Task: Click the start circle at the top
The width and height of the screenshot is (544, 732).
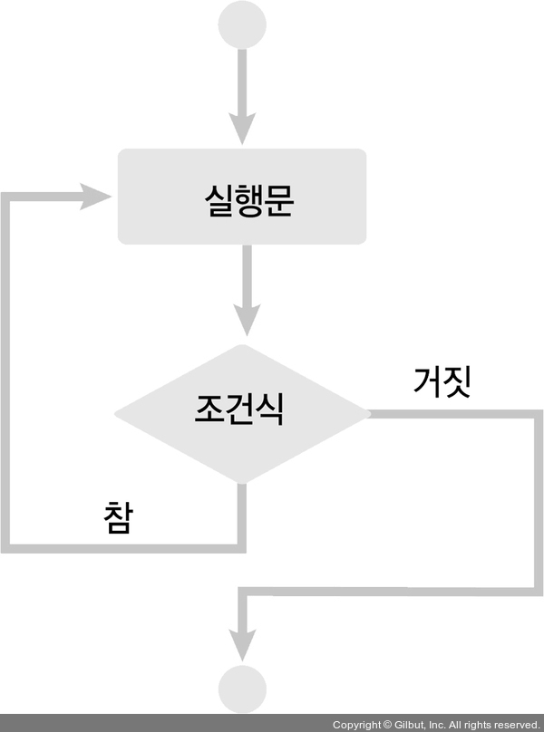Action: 243,24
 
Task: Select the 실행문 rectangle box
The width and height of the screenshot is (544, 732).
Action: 242,197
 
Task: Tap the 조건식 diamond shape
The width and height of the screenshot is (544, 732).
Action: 241,413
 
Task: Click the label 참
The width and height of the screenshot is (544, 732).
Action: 119,517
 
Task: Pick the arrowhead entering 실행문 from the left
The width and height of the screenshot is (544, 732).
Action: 96,196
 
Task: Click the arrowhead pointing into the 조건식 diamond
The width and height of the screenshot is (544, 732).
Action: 243,321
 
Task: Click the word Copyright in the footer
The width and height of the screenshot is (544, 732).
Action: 356,725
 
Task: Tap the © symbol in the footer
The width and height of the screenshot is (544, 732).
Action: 387,725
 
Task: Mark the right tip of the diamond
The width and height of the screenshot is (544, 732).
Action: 368,414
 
